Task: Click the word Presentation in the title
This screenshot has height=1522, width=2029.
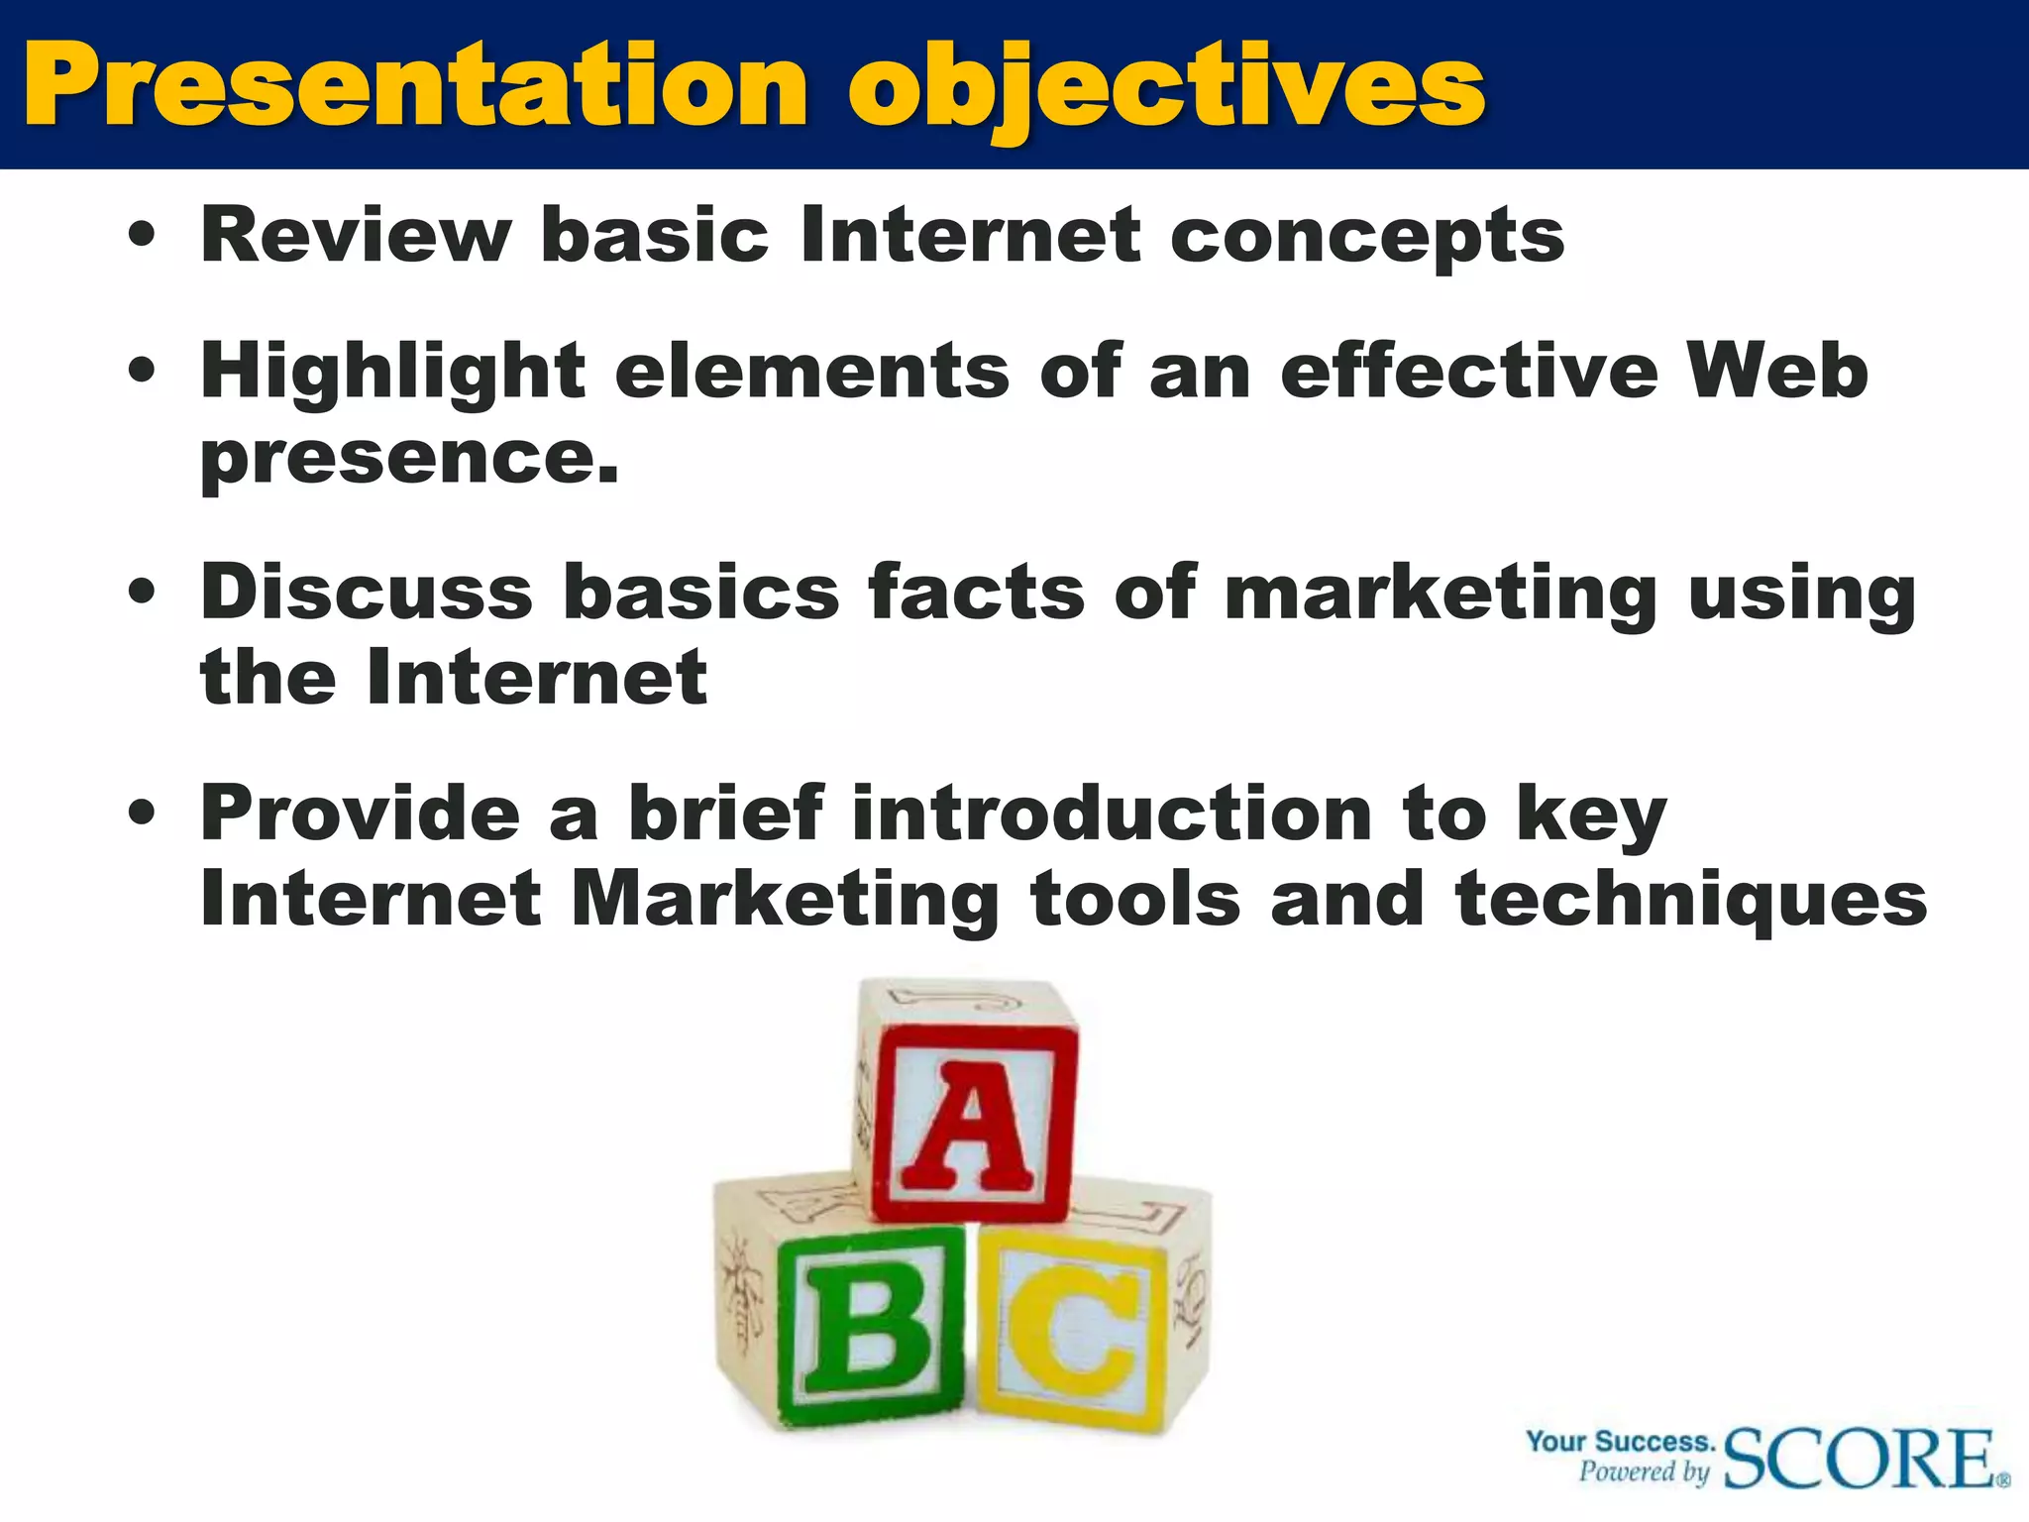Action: pyautogui.click(x=416, y=87)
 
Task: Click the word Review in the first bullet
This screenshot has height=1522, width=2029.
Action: pyautogui.click(x=356, y=235)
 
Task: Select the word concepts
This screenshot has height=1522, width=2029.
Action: pyautogui.click(x=1366, y=238)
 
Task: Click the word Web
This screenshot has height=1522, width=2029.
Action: pyautogui.click(x=1777, y=371)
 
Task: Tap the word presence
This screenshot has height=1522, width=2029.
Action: pyautogui.click(x=409, y=458)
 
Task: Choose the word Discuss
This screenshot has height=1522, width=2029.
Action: pyautogui.click(x=367, y=592)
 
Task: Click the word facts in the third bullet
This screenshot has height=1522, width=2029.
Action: pyautogui.click(x=976, y=592)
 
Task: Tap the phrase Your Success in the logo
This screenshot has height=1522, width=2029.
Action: pyautogui.click(x=1620, y=1441)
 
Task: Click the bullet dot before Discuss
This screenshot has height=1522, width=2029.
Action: pyautogui.click(x=143, y=593)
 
